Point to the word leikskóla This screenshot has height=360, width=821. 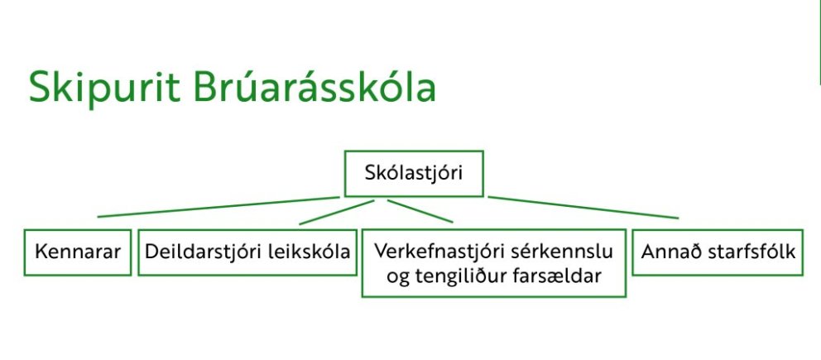tap(309, 252)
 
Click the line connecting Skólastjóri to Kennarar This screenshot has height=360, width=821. tap(218, 207)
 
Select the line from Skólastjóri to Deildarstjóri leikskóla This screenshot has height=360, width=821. tap(337, 212)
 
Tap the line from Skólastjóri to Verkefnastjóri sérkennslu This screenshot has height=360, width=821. tap(420, 211)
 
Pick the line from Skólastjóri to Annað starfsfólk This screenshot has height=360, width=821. tap(583, 207)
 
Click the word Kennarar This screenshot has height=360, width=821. tap(78, 252)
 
